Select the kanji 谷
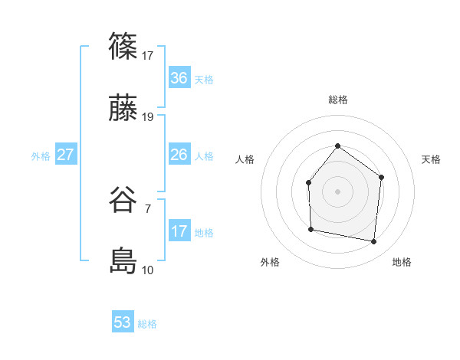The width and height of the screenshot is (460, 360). coord(123,200)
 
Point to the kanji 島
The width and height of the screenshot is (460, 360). coord(123,262)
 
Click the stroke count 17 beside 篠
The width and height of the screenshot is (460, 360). coord(148,55)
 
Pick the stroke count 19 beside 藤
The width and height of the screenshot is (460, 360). coord(148,117)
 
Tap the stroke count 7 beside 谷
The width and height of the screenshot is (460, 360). coord(147,208)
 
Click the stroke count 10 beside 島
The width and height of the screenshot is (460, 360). coord(148,270)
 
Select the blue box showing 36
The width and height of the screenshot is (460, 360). coord(179,78)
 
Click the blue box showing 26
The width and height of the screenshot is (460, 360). coord(179,155)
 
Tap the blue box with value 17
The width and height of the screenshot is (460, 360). coord(179,231)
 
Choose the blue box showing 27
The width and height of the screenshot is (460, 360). coord(65,155)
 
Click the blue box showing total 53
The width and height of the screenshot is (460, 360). coord(123,322)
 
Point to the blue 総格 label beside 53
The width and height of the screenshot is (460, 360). coord(148,324)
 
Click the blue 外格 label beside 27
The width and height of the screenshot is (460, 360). coord(41,156)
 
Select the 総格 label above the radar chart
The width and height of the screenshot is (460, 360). coord(337,100)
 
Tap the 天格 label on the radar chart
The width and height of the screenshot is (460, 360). coord(431,159)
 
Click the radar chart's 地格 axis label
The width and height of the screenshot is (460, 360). coord(402,262)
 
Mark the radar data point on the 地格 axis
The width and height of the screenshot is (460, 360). coord(374,241)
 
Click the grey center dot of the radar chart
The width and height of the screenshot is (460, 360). coord(337,191)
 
